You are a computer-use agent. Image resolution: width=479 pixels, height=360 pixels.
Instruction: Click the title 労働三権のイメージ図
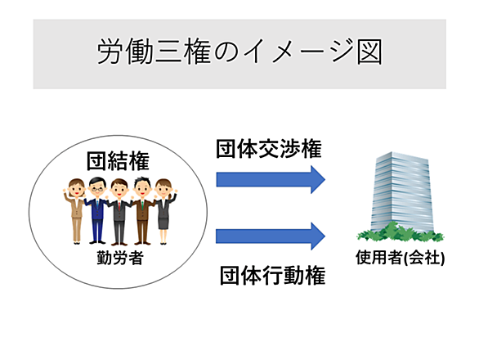tap(239, 51)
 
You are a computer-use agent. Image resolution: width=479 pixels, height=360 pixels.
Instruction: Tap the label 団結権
tap(118, 161)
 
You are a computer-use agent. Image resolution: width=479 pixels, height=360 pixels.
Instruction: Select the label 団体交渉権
tap(269, 149)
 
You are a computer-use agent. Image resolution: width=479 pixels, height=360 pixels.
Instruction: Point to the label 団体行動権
tap(272, 275)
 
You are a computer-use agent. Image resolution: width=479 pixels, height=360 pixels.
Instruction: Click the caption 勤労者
tap(120, 258)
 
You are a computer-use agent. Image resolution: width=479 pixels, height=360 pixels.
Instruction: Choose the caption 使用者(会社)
tap(401, 257)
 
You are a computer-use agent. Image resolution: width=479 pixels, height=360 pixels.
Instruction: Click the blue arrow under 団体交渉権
tap(271, 179)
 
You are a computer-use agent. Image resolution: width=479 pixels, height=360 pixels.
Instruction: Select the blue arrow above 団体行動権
tap(271, 236)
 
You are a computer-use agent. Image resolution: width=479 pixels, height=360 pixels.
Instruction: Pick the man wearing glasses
tap(97, 210)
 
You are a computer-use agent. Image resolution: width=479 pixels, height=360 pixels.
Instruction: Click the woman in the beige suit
tap(75, 211)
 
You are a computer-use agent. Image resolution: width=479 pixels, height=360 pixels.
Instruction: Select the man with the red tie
tap(119, 212)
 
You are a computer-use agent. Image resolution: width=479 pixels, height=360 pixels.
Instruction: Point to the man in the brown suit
tap(142, 211)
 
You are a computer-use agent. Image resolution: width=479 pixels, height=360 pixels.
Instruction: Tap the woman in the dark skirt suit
tap(164, 211)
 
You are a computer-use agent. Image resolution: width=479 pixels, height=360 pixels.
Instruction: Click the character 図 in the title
tap(369, 52)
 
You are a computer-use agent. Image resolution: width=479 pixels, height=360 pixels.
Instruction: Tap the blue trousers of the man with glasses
tap(96, 229)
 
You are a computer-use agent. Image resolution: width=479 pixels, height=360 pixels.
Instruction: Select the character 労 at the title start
tap(110, 52)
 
